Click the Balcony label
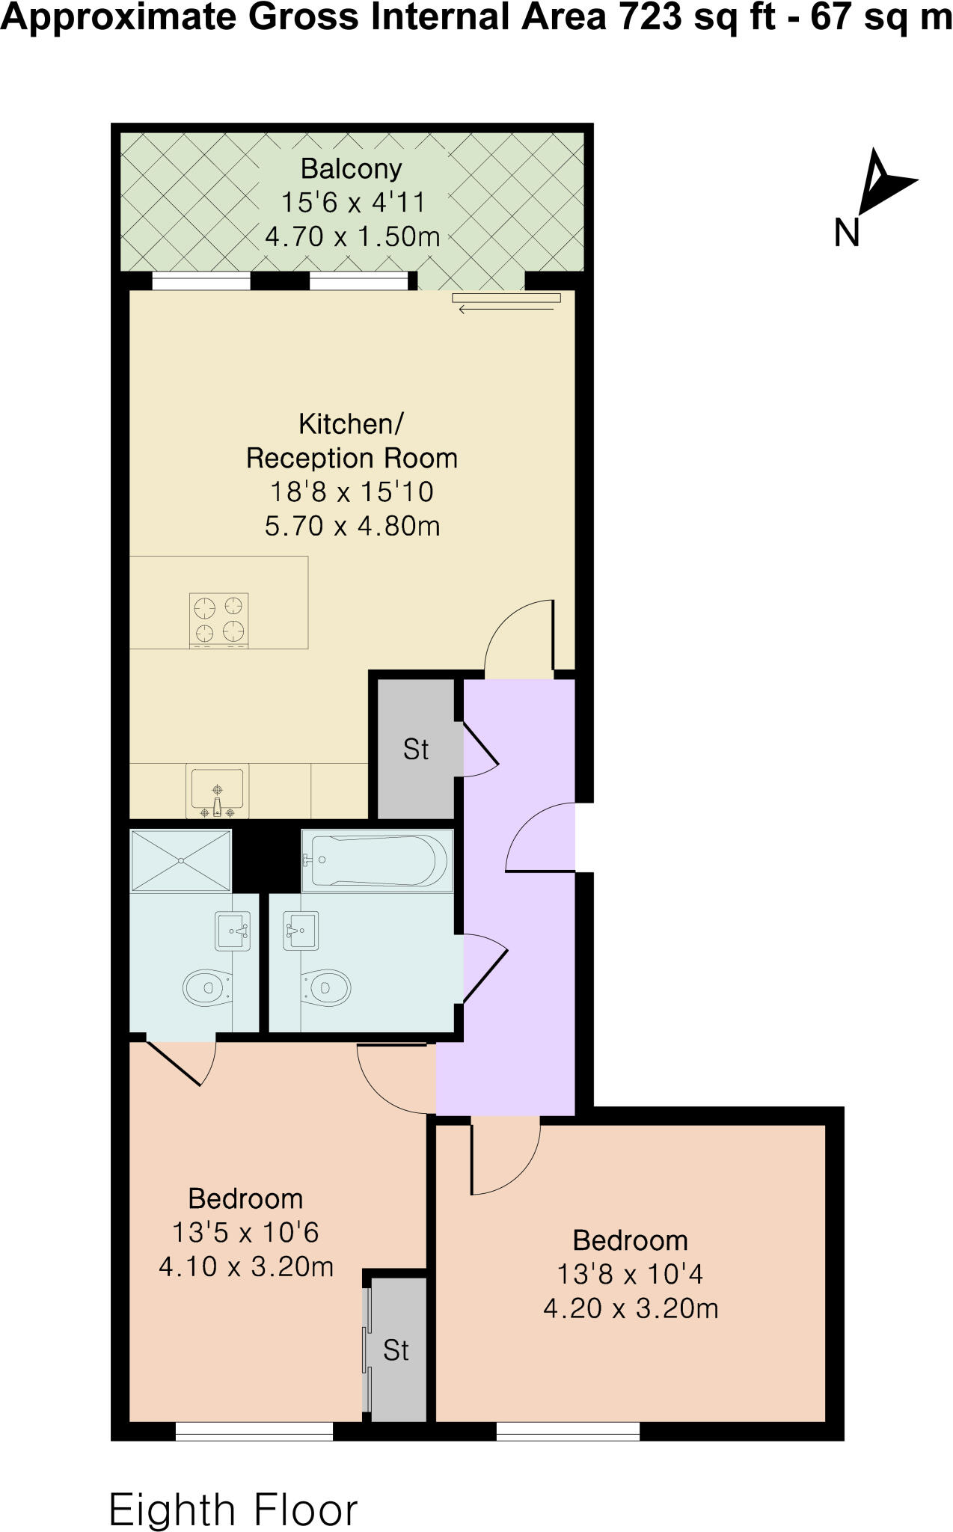pos(351,169)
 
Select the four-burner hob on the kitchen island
pos(218,620)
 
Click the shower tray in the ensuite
pos(181,860)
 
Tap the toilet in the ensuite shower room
pos(206,988)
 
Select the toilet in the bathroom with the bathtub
pos(326,988)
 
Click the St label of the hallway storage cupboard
pos(416,749)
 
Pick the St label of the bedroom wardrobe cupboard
pos(396,1350)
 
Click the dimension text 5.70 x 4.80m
pos(352,527)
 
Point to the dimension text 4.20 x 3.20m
pos(631,1309)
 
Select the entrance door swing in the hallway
pos(539,838)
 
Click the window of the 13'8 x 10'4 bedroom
pos(568,1431)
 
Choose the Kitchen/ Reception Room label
pos(352,441)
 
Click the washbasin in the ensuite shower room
pos(233,931)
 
